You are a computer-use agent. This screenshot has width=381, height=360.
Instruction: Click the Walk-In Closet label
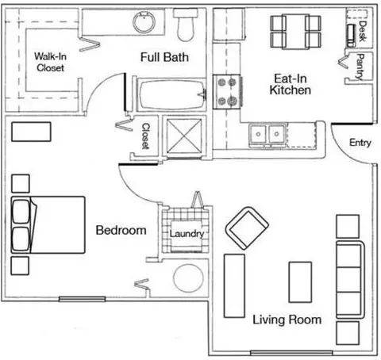point(50,62)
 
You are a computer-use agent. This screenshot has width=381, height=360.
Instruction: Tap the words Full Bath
point(164,57)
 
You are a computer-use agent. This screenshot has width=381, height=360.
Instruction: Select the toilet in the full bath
point(186,25)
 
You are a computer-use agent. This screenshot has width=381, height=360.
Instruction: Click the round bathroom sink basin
point(144,22)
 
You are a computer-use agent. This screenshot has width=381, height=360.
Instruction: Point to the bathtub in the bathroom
point(172,95)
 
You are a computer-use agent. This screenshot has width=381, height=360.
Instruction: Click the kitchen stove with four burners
point(227,92)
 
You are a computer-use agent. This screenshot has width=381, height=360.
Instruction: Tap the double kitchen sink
point(267,134)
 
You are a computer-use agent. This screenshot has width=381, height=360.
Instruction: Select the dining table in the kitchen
point(295,32)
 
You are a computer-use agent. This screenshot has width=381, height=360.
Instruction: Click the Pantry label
point(360,67)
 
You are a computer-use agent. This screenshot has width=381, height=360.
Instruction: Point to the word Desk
point(363,31)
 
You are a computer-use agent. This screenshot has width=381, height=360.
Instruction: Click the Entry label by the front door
point(360,143)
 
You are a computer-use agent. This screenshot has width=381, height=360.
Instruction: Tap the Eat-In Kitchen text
point(291,84)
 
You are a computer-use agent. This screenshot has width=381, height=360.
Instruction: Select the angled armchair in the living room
point(247,228)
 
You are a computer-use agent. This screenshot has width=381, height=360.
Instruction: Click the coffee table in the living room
point(300,282)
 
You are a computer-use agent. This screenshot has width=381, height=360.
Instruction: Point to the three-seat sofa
point(350,280)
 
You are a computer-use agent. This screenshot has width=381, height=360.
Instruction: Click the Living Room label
point(287,320)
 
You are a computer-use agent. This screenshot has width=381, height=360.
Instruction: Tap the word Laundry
point(187,234)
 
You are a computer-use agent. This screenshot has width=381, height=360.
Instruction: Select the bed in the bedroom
point(48,225)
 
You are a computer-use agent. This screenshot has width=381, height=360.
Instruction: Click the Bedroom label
point(121,230)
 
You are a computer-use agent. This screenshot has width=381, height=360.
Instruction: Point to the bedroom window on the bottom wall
point(82,299)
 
